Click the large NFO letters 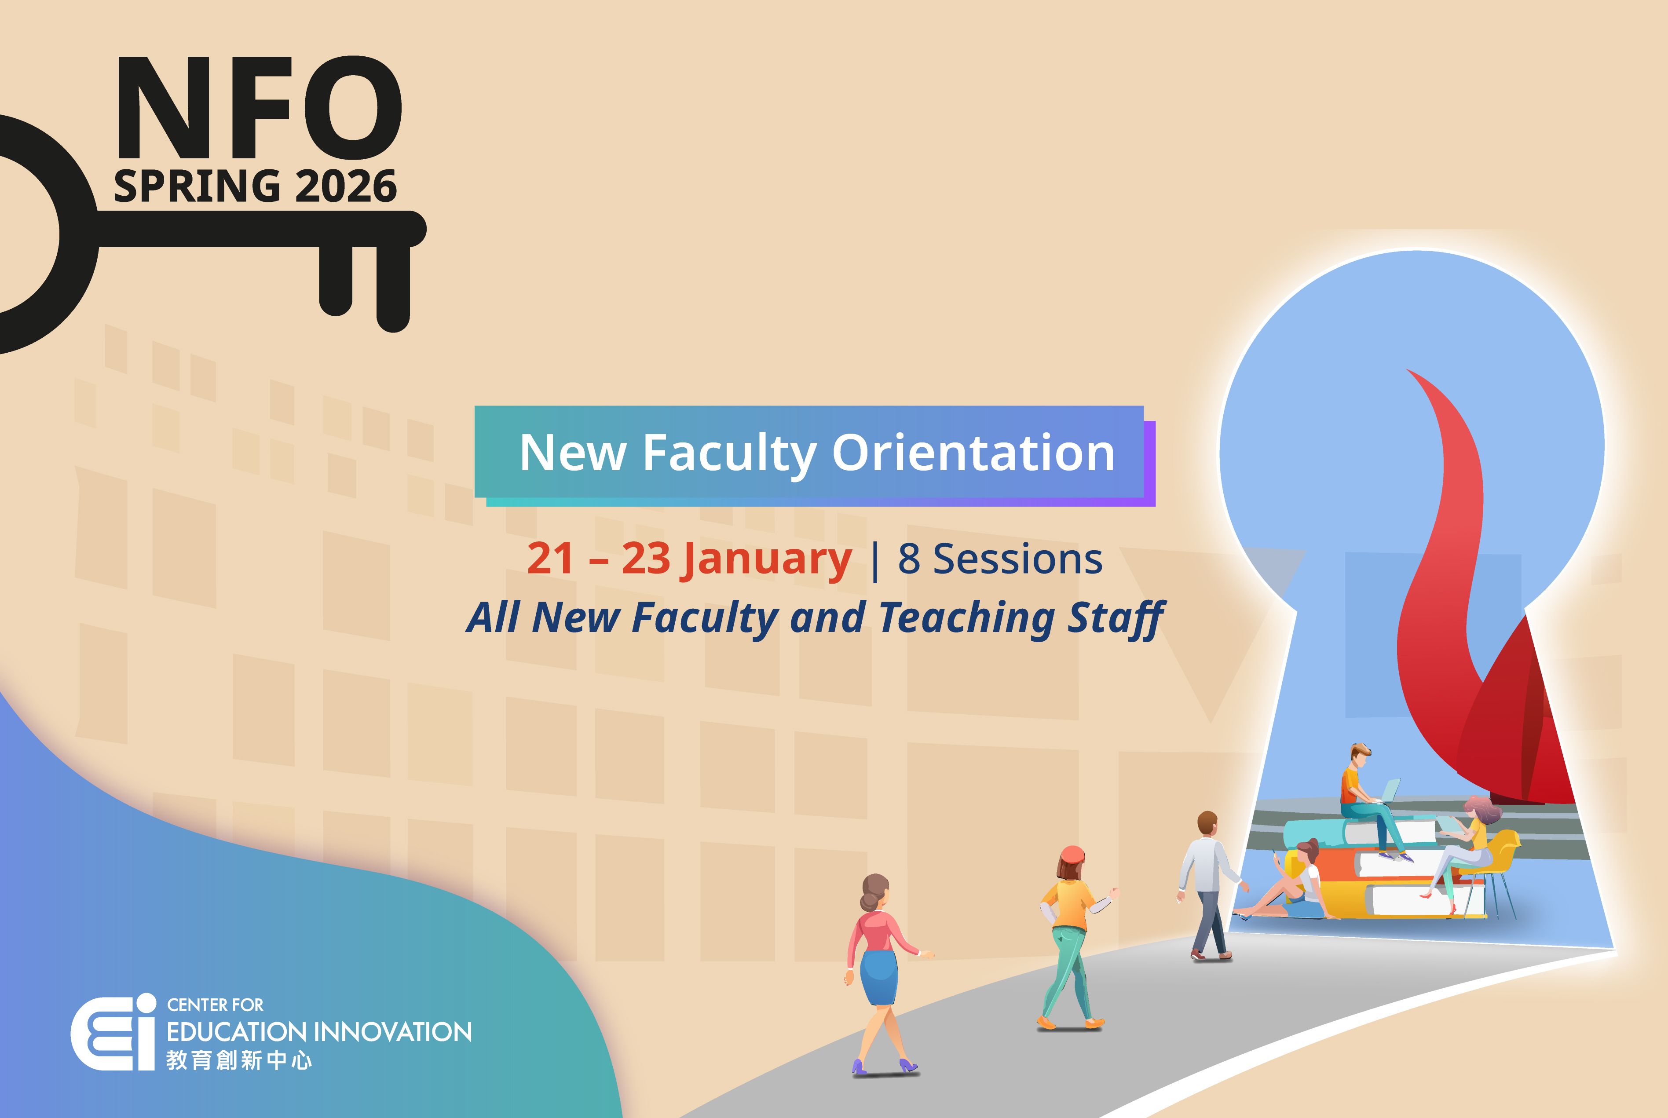point(258,108)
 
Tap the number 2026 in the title point(345,187)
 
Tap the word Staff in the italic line point(1116,617)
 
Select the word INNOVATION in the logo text point(393,1032)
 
